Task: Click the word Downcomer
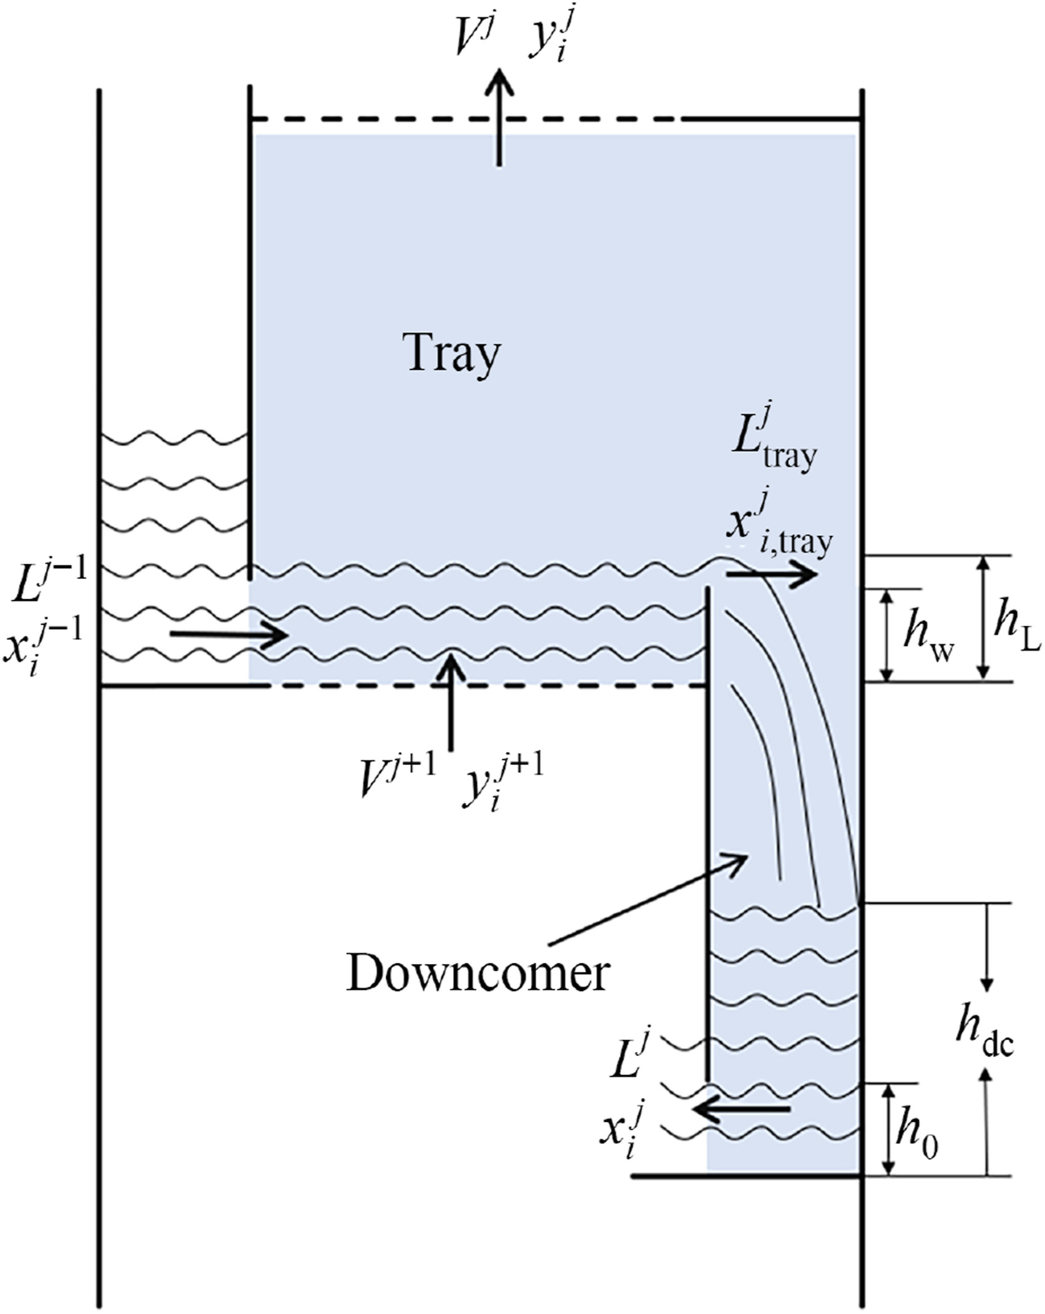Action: [x=478, y=973]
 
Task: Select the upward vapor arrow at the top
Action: [x=499, y=117]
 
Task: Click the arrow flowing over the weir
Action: [x=771, y=574]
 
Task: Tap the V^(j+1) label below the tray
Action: [x=399, y=779]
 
